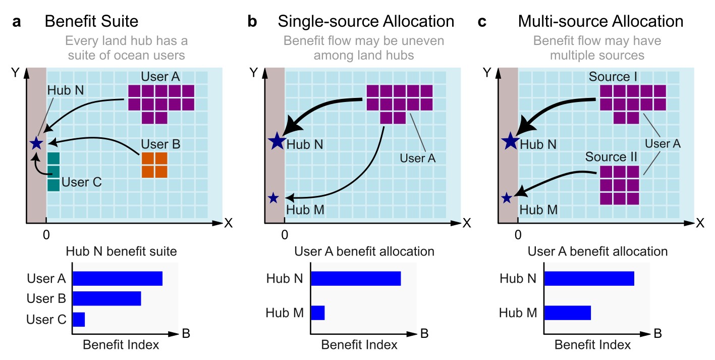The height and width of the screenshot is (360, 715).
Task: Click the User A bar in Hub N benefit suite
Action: [118, 278]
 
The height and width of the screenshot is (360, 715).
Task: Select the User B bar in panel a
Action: [106, 298]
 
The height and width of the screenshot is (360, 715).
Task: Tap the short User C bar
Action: [79, 319]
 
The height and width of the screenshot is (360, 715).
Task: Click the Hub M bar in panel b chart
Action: [317, 313]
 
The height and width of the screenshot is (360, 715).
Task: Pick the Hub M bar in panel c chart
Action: [567, 313]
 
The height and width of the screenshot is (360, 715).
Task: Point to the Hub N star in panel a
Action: [36, 143]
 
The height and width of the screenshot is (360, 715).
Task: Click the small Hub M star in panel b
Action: [273, 198]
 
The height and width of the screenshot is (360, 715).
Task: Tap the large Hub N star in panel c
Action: [509, 141]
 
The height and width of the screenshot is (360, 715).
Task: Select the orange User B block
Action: [154, 165]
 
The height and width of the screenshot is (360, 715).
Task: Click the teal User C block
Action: [53, 172]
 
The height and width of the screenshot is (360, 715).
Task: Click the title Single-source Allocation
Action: [366, 22]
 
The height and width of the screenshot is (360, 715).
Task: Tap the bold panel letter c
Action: [482, 22]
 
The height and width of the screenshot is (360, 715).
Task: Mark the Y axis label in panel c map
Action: [487, 73]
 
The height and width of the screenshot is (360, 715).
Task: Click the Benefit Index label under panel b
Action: [359, 345]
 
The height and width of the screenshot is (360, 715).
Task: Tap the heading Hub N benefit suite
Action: [122, 251]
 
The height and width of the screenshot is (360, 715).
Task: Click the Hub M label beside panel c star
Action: [538, 209]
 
